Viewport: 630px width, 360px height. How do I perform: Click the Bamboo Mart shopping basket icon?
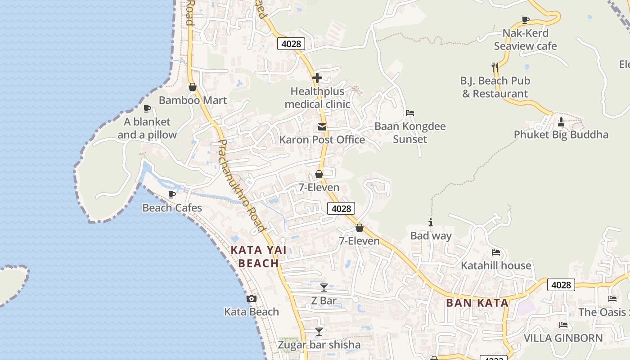point(192,87)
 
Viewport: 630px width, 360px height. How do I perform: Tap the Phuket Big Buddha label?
point(561,135)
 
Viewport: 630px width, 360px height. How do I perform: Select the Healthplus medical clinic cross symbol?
point(317,78)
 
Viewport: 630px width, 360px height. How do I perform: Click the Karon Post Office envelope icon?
point(322,127)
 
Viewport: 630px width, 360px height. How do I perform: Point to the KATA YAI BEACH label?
point(258,256)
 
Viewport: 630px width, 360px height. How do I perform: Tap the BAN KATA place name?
point(477,303)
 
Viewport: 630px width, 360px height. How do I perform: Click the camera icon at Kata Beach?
point(252,298)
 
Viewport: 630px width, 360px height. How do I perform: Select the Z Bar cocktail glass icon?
point(324,287)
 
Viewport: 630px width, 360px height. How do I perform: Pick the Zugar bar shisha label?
point(319,345)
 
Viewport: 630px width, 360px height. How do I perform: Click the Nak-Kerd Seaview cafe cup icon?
point(525,20)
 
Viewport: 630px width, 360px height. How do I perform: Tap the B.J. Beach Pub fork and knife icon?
point(495,67)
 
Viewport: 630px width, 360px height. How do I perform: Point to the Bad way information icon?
point(431,222)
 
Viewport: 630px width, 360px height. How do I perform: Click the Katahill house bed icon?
point(496,252)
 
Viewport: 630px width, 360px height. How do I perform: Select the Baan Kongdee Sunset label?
point(410,132)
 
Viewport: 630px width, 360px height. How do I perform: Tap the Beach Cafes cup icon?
point(172,194)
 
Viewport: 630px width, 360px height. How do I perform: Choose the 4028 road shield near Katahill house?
point(561,285)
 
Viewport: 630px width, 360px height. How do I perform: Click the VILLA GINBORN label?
point(563,338)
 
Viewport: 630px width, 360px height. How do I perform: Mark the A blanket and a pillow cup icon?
point(147,108)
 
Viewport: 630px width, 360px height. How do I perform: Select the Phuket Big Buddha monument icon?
point(561,121)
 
